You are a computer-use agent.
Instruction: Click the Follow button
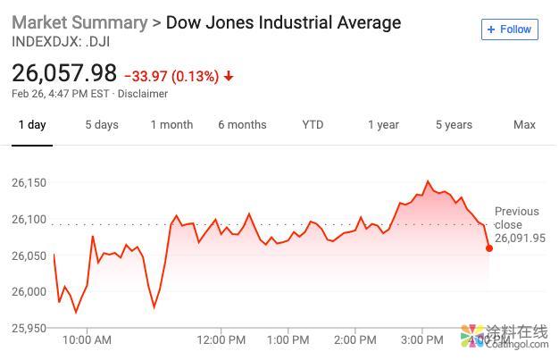pos(509,29)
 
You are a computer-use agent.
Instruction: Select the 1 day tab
pos(31,125)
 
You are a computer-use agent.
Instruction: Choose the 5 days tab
pos(102,125)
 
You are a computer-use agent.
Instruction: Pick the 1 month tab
pos(171,125)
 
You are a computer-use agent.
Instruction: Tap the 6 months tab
pos(242,125)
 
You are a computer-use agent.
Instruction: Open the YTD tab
pos(313,125)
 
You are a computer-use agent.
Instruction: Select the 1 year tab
pos(383,125)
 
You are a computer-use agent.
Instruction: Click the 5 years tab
pos(454,125)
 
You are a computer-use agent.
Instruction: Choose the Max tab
pos(524,125)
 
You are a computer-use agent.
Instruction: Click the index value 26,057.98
pos(64,73)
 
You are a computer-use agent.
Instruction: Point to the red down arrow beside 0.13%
pos(229,76)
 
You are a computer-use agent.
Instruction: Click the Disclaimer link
pos(143,93)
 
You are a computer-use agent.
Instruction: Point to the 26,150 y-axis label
pos(29,183)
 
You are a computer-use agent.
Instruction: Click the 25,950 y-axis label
pos(29,328)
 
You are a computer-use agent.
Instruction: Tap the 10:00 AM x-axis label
pos(87,339)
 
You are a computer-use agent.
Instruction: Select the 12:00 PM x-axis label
pos(221,339)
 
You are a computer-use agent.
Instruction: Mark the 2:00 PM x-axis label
pos(355,339)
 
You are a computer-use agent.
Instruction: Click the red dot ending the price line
pos(489,247)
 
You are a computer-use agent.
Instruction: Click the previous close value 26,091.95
pos(520,239)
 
